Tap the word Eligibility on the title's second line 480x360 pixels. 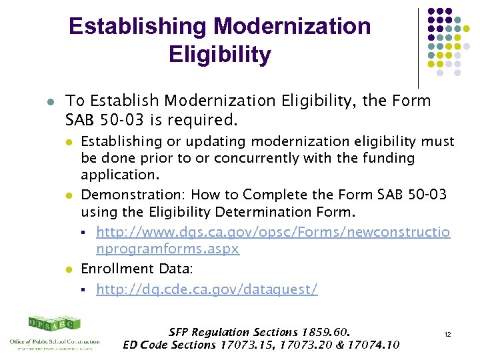[x=220, y=55]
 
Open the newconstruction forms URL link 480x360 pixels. [x=273, y=240]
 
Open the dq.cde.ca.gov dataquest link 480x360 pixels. [x=207, y=289]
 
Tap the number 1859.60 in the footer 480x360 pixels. [x=325, y=331]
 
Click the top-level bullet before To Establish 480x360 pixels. [x=50, y=102]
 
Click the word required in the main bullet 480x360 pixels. [x=209, y=121]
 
